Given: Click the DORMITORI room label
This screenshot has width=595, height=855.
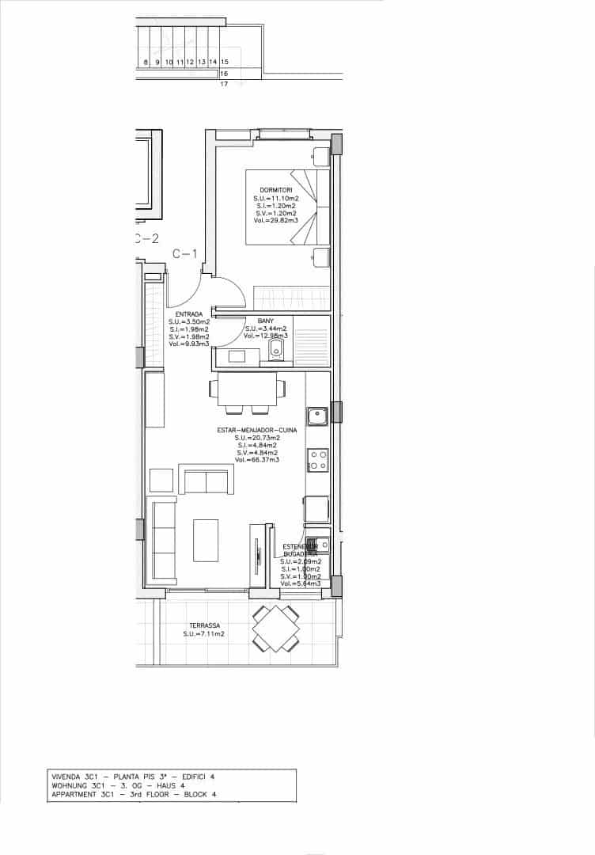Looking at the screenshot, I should pos(275,190).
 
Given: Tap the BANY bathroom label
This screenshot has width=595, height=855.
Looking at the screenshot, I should pos(265,321).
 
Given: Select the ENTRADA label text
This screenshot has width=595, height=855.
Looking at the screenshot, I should pos(189,313).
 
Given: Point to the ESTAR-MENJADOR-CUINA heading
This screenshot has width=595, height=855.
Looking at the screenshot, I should pos(257,430).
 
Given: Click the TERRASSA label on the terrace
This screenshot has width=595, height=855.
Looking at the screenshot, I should pos(204,625).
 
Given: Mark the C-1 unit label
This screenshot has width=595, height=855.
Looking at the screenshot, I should pos(184,254).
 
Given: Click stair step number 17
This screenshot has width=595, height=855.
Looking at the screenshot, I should pos(224,83).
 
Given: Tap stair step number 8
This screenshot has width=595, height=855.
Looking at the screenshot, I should pos(146,62).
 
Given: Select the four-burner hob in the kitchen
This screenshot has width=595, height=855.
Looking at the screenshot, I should pos(318,460).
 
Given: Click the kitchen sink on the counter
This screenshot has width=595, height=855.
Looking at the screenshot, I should pos(318,416).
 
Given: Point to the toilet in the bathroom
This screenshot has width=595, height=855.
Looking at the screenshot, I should pos(276,348).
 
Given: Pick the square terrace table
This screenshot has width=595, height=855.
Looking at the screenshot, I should pos(275,629).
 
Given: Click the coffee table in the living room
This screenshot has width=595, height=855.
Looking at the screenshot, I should pos(207,541).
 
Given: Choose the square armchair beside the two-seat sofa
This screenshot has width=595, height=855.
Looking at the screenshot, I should pos(161,480).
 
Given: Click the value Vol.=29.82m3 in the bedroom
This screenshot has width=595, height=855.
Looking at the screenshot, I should pos(275,221).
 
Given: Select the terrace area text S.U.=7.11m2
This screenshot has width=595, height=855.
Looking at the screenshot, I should pos(204,634).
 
